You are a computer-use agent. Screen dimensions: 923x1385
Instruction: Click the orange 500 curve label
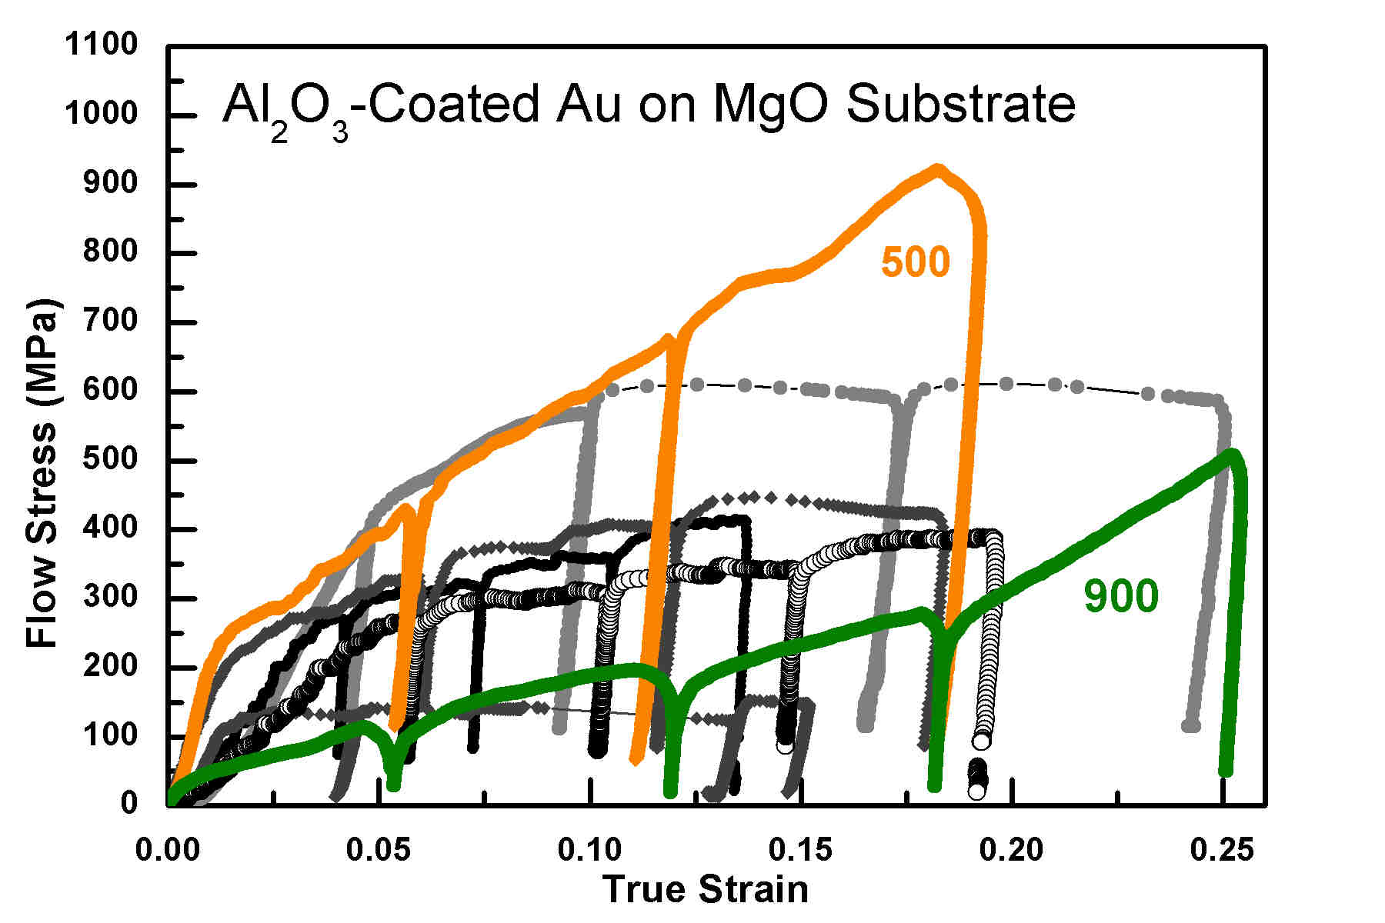(915, 262)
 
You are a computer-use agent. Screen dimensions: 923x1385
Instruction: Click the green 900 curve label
(1120, 597)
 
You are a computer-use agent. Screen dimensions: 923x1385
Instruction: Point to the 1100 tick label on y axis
(101, 45)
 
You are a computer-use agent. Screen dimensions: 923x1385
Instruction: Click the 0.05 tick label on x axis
(379, 850)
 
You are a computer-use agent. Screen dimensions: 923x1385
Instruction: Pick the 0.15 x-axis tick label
(800, 850)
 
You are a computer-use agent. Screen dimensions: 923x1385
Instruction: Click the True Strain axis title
(706, 890)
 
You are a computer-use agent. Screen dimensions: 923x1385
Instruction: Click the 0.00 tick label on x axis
(168, 850)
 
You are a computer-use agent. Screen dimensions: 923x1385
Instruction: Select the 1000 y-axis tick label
(101, 114)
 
